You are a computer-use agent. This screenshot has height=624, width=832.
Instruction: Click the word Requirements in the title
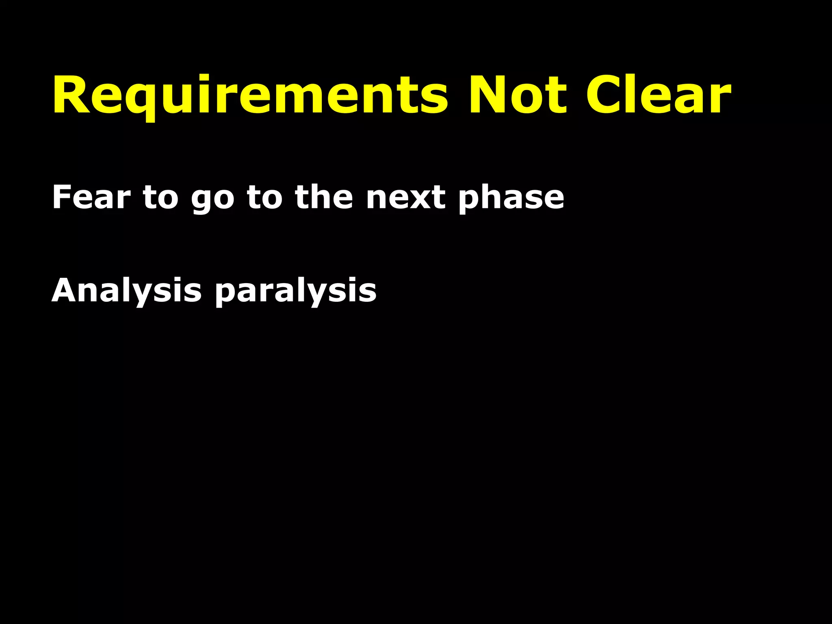point(250,96)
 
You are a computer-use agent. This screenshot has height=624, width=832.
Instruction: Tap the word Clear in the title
point(658,96)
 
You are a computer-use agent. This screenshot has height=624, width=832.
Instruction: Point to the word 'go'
point(212,200)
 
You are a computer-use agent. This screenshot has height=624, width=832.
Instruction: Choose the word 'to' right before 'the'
point(264,197)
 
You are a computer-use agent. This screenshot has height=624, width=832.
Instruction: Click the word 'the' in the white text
point(324,197)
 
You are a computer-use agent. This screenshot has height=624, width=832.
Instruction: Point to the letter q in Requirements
point(138,101)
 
